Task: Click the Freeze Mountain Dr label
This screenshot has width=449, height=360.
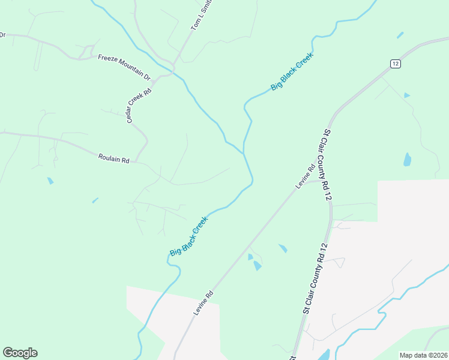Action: pos(124,67)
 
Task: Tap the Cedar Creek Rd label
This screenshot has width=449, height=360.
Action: pos(139,103)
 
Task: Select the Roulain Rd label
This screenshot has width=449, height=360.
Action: pos(114,159)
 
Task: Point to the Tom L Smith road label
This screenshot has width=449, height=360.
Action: pos(202,16)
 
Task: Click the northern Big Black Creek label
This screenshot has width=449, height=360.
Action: pos(293,71)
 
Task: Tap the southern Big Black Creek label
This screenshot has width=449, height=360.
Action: pos(188,236)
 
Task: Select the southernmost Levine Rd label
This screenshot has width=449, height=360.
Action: pos(203,304)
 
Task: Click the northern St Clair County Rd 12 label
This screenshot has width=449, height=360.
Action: pos(327,164)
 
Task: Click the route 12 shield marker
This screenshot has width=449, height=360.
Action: pos(394,63)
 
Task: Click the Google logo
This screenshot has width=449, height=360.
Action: pos(20,353)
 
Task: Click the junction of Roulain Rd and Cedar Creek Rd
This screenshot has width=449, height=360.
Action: pos(136,161)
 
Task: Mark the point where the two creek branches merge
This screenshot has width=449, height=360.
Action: pos(244,152)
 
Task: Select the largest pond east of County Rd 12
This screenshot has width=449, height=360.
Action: pos(408,160)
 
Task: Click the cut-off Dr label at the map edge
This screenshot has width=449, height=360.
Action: pos(2,35)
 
